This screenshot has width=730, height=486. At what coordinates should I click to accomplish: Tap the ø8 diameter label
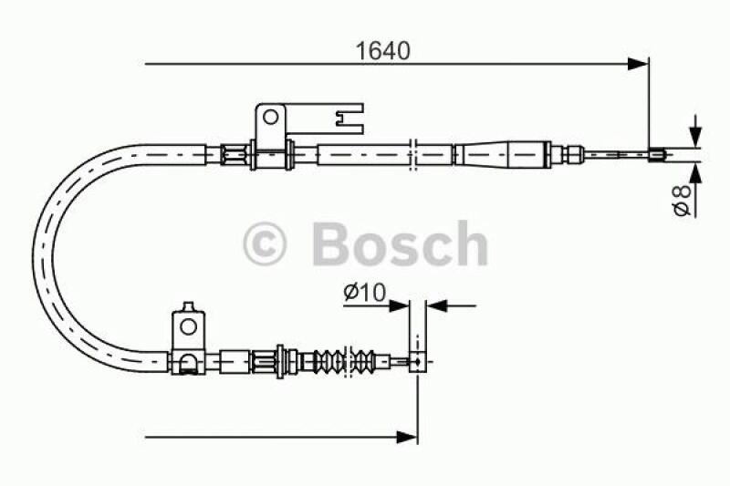point(680,199)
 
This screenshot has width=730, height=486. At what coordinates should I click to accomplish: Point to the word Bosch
point(400,243)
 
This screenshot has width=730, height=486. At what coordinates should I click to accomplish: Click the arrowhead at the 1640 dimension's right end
point(639,63)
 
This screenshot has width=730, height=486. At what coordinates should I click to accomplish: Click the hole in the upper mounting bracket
point(269,117)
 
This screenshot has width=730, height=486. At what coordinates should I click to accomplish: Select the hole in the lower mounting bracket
point(188,326)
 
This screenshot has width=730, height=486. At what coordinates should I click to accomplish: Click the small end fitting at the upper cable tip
point(654,154)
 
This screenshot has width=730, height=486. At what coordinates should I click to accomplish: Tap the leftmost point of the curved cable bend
point(36,255)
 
